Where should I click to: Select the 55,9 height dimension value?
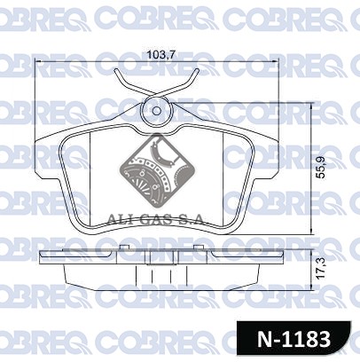[x=320, y=168]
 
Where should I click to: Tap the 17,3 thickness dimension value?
[x=320, y=268]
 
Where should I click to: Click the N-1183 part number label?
[x=293, y=339]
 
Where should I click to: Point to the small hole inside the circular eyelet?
[x=157, y=111]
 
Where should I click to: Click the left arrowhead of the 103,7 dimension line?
[x=38, y=61]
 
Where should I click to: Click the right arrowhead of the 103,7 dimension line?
[x=276, y=61]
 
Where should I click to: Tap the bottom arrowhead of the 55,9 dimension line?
[x=311, y=232]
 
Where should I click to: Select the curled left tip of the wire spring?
[x=116, y=71]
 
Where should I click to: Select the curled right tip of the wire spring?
[x=197, y=71]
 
